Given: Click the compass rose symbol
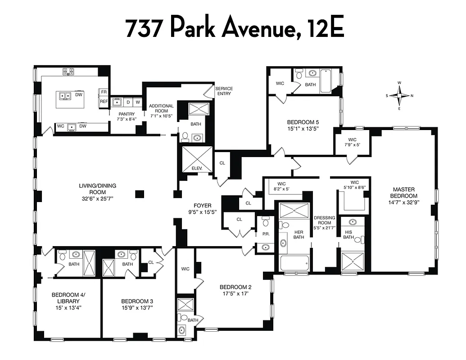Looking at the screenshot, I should coord(399,95).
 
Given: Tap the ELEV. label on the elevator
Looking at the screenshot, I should coord(197,168).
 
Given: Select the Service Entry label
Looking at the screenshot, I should coord(224,91).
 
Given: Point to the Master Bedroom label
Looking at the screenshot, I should coord(403,193).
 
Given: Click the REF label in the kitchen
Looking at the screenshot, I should coord(104,101).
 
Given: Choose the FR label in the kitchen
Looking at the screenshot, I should coord(104,92).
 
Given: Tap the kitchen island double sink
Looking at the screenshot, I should coord(65,95).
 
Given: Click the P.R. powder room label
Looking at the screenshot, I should coord(265,234).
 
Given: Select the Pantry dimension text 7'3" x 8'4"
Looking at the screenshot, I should coord(123,119).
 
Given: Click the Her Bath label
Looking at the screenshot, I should coord(299,234).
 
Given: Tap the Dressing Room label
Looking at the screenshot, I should coord(325,220).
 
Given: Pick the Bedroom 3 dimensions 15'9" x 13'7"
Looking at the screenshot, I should coord(137,308).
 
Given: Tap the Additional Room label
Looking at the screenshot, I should coord(161,108).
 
